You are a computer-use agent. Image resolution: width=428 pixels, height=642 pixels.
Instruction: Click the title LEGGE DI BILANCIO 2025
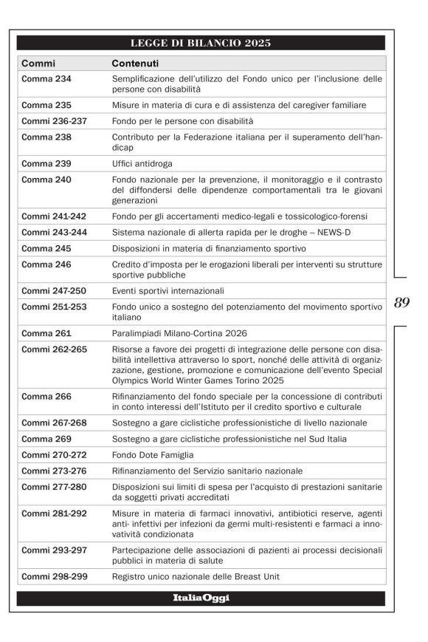pos(200,43)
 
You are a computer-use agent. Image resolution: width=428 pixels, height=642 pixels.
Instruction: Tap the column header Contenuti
pos(137,64)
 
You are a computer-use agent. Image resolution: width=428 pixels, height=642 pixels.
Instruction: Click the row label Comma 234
pos(46,78)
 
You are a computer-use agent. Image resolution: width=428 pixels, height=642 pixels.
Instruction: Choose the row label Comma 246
pos(46,264)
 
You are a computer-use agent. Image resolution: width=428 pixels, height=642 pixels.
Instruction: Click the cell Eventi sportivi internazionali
pos(168,291)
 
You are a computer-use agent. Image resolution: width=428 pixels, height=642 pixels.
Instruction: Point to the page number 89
pos(402,302)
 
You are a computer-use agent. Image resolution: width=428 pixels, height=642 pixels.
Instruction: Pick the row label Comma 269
pos(46,439)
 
